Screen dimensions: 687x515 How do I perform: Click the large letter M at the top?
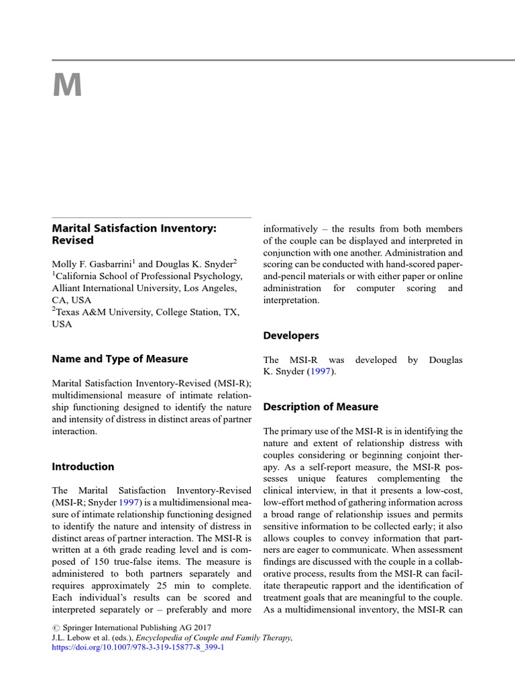(67, 86)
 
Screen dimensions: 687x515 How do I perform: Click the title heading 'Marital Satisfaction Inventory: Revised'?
(134, 234)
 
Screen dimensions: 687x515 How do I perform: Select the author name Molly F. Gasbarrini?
(91, 263)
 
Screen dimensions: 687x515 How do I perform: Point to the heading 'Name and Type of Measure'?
(120, 359)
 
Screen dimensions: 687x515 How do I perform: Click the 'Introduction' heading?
(83, 466)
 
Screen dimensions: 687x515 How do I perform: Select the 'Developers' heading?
(291, 335)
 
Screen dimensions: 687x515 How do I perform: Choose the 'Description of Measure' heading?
(321, 407)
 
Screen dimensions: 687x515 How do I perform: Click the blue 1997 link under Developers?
(319, 372)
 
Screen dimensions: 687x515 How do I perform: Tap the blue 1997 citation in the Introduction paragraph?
(129, 501)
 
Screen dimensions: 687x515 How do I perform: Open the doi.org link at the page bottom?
(137, 648)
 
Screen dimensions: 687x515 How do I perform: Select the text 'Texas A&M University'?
(104, 311)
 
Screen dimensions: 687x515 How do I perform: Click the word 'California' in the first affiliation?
(79, 275)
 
